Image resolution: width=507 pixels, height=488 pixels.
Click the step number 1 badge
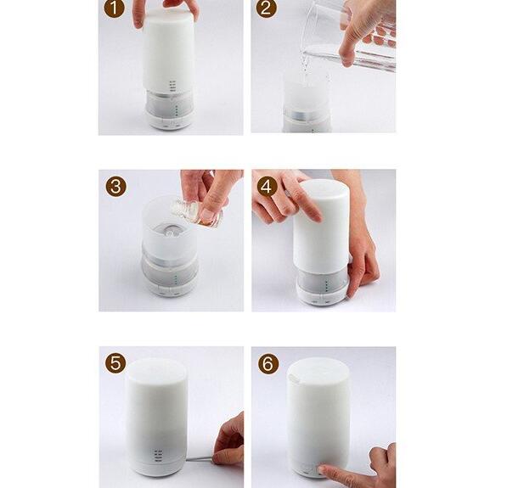[114, 8]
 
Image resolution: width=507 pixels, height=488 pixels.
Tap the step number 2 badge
[267, 8]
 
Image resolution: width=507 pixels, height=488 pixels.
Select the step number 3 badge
[115, 187]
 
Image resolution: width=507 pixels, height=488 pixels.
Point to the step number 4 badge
[267, 187]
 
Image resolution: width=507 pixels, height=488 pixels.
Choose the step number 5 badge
[115, 363]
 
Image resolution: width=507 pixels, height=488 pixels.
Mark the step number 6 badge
[268, 363]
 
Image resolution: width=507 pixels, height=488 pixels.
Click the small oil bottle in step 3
[196, 211]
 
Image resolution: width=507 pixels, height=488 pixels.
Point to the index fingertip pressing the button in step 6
[322, 469]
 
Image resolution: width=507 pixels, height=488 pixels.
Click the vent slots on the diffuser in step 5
[158, 455]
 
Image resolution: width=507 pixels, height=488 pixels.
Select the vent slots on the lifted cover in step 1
[172, 86]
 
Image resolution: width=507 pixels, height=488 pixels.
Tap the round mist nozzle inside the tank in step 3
[170, 231]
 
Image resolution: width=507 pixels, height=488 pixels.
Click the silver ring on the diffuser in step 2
[307, 116]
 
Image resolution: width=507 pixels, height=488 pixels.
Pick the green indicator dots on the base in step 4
[327, 285]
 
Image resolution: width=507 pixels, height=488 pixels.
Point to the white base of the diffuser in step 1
[169, 121]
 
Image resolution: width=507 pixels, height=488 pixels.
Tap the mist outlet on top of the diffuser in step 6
[295, 378]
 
